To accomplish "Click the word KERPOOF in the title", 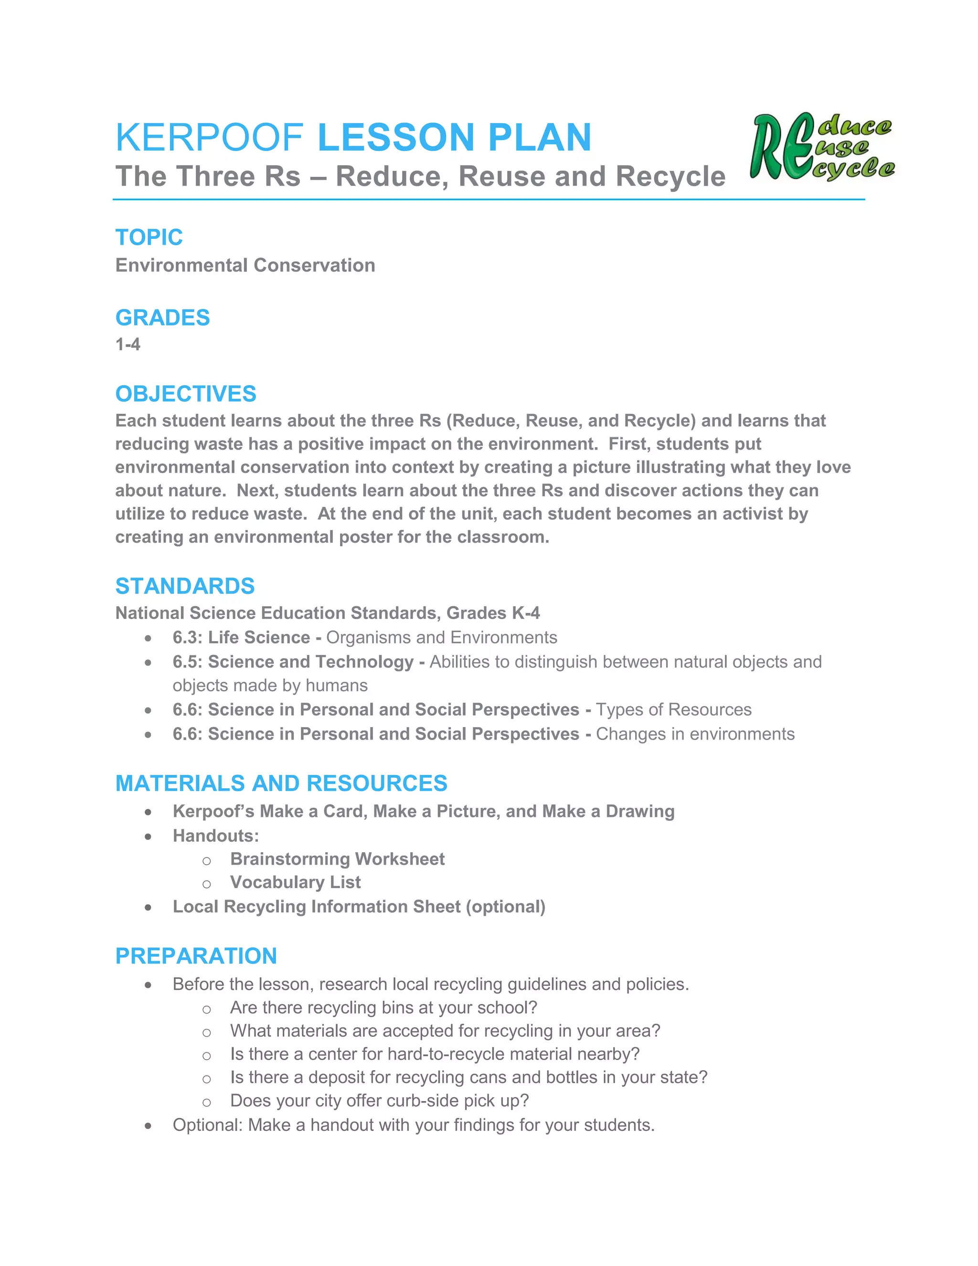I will pyautogui.click(x=209, y=138).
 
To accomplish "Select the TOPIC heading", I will pyautogui.click(x=149, y=237).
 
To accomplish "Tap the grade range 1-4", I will pyautogui.click(x=128, y=344).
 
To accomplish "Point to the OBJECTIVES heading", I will pyautogui.click(x=185, y=394).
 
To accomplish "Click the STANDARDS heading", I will pyautogui.click(x=185, y=586).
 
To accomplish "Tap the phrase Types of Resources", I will pyautogui.click(x=673, y=709).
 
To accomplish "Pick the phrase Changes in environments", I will pyautogui.click(x=695, y=734).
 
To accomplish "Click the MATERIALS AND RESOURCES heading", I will pyautogui.click(x=281, y=783).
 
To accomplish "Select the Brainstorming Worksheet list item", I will pyautogui.click(x=337, y=858).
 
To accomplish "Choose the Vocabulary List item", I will pyautogui.click(x=295, y=882).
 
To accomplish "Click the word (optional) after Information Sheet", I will pyautogui.click(x=505, y=907).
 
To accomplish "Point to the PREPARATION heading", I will pyautogui.click(x=196, y=956).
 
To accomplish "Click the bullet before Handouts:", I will pyautogui.click(x=149, y=837).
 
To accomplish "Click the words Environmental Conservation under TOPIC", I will pyautogui.click(x=245, y=266).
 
